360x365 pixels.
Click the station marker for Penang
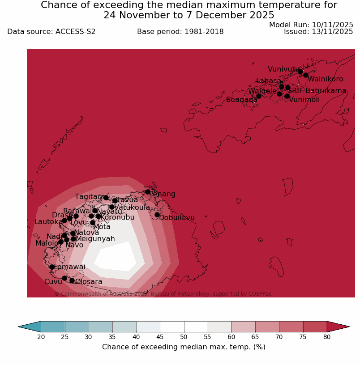point(148,192)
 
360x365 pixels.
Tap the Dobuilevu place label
point(177,218)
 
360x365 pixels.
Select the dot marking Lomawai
point(52,267)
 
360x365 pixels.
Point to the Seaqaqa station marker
point(258,96)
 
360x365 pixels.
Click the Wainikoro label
point(325,79)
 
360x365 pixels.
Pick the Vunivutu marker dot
point(300,72)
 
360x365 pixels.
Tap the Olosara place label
point(89,282)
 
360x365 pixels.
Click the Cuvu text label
point(53,282)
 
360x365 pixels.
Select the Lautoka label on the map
point(48,222)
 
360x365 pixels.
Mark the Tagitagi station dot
point(106,198)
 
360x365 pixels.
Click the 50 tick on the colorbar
point(184,337)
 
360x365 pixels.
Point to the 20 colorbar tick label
point(41,337)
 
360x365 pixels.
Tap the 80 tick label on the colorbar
point(327,337)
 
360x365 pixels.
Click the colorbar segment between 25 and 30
point(77,327)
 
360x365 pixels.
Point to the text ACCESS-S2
point(75,32)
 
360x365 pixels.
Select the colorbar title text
point(184,347)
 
